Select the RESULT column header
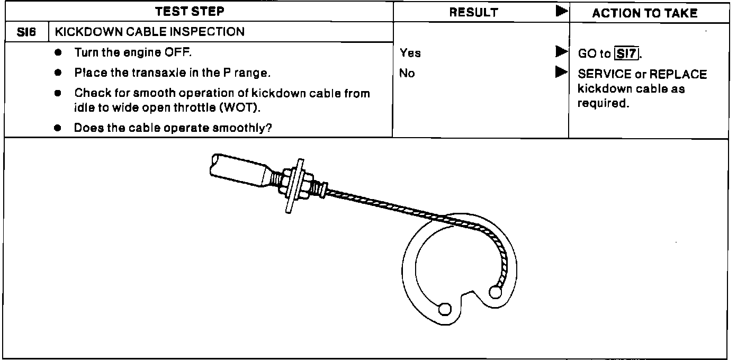[473, 12]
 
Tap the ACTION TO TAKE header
[645, 13]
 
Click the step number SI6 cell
[26, 32]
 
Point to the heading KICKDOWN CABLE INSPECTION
[150, 32]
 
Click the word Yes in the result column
[410, 53]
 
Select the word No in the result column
[407, 74]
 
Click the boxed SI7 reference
[626, 53]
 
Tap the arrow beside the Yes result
[561, 52]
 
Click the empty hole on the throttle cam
[445, 309]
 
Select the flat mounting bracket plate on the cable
[294, 185]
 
